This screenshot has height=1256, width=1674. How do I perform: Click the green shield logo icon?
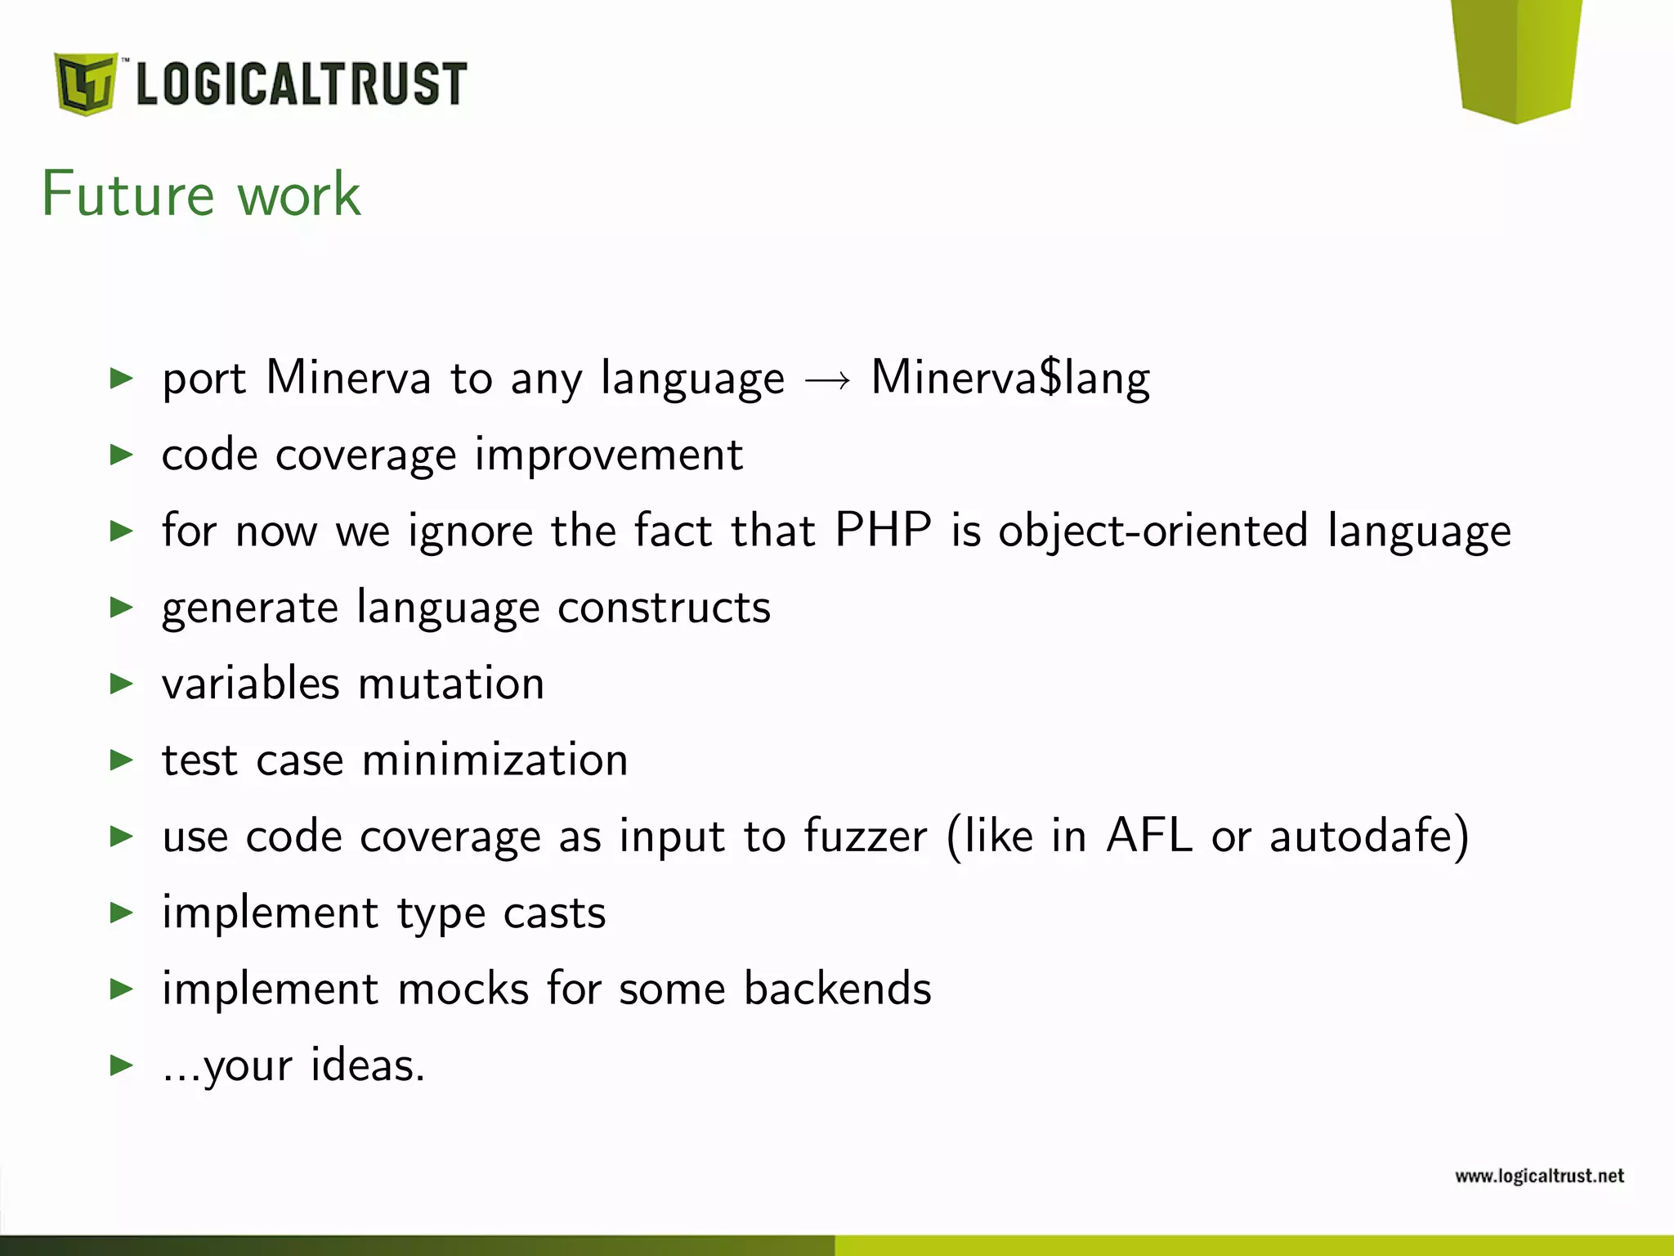click(85, 83)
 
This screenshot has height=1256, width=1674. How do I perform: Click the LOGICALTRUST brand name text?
click(301, 84)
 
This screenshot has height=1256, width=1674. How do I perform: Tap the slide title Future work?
click(201, 195)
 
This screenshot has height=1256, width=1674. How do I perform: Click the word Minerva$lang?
click(1010, 379)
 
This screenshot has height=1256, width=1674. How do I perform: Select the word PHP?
click(883, 530)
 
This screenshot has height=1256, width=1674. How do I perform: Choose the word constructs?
click(664, 608)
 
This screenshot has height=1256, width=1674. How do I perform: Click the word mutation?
click(451, 684)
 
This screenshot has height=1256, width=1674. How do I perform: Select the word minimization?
click(495, 760)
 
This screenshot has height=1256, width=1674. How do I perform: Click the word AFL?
click(1148, 836)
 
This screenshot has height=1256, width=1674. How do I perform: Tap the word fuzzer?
click(866, 836)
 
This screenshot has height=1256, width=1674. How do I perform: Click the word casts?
click(554, 913)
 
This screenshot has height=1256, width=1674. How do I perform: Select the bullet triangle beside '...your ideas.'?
click(121, 1065)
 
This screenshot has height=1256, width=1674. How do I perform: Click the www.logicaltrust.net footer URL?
click(1539, 1176)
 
